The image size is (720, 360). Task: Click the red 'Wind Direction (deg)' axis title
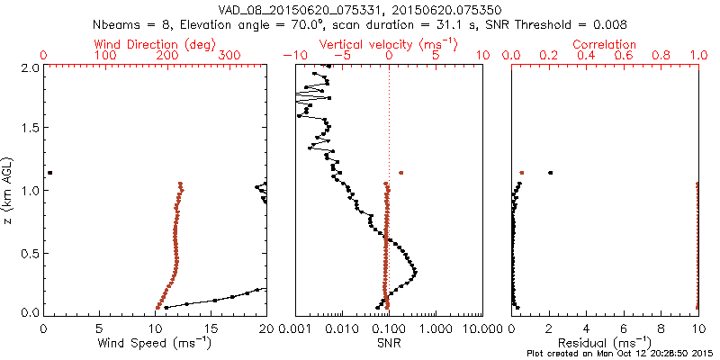156,44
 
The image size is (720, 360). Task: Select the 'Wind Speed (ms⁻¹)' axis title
156,343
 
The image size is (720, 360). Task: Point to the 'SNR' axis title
389,343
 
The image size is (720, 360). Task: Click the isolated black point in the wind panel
50,173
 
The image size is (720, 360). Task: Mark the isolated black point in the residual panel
551,173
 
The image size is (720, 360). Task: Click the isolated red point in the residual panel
522,173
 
